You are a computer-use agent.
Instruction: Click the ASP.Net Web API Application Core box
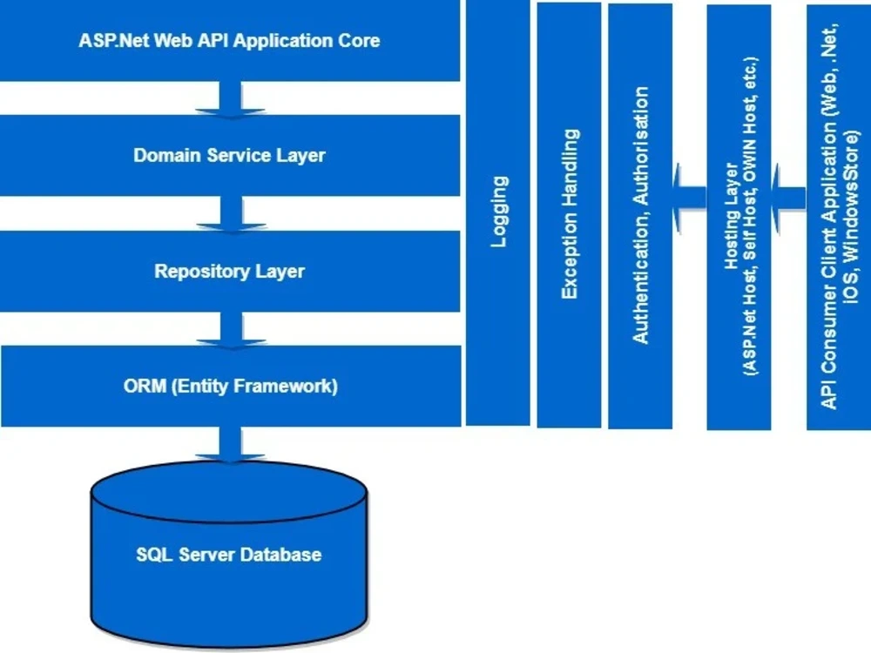pos(230,40)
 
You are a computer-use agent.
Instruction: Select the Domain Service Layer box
pos(230,156)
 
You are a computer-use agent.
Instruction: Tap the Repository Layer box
pos(230,271)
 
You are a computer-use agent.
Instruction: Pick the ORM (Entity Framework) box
pos(230,386)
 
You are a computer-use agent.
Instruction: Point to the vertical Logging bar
pos(498,212)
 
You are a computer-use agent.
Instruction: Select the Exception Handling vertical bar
pos(569,214)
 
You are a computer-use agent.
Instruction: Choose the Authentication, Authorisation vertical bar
pos(640,214)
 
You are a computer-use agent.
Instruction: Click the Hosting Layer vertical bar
pos(739,217)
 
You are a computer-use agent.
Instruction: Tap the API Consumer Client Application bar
pos(839,217)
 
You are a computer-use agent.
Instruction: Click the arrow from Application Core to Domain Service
pos(230,98)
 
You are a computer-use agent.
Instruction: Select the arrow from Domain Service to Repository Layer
pos(230,214)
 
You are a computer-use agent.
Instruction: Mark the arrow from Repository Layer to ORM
pos(230,328)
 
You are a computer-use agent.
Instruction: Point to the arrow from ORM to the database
pos(230,444)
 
